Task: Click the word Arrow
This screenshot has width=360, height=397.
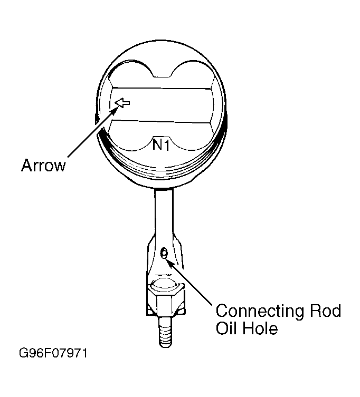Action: pyautogui.click(x=43, y=166)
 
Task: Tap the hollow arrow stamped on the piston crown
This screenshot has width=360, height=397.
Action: pyautogui.click(x=122, y=103)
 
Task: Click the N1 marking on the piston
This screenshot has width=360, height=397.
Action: pyautogui.click(x=161, y=144)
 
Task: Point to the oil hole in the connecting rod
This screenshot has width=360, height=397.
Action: pyautogui.click(x=164, y=253)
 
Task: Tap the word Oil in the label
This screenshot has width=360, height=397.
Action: pyautogui.click(x=226, y=328)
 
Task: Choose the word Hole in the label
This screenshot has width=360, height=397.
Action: pyautogui.click(x=260, y=328)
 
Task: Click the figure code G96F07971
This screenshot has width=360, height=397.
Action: pyautogui.click(x=53, y=353)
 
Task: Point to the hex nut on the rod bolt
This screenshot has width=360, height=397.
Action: pyautogui.click(x=165, y=301)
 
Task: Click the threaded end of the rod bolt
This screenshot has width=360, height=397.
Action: pyautogui.click(x=165, y=332)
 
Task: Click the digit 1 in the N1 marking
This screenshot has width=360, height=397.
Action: pyautogui.click(x=166, y=145)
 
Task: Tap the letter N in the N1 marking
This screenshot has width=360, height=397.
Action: pyautogui.click(x=157, y=144)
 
